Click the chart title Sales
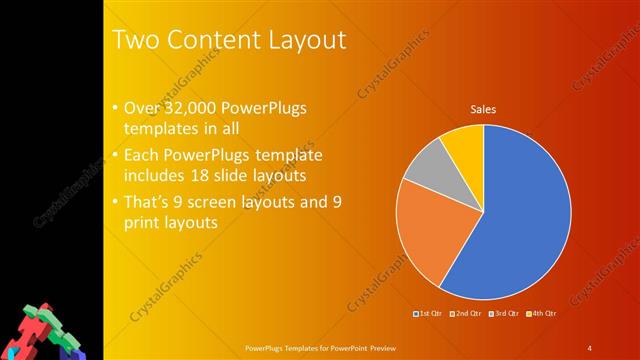pyautogui.click(x=484, y=110)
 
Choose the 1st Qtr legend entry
pyautogui.click(x=429, y=315)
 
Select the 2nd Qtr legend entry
pyautogui.click(x=467, y=315)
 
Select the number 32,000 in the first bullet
pyautogui.click(x=188, y=109)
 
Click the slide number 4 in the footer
pyautogui.click(x=590, y=348)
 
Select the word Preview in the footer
pyautogui.click(x=382, y=348)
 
